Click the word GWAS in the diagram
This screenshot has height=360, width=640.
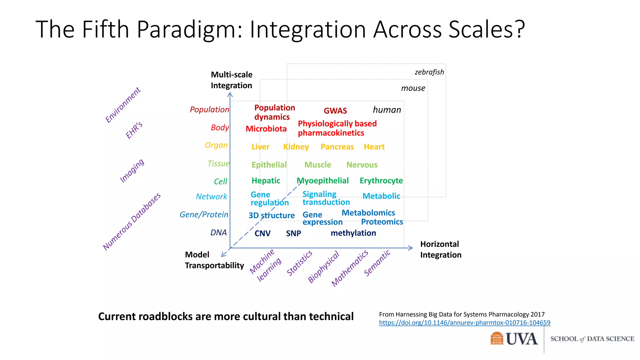click(335, 111)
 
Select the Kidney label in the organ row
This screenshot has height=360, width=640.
click(296, 147)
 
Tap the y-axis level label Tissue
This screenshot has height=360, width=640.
click(218, 163)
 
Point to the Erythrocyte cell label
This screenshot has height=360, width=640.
click(381, 181)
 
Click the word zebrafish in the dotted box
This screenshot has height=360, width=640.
click(429, 72)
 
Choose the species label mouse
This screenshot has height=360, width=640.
click(413, 88)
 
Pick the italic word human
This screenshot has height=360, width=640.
click(387, 110)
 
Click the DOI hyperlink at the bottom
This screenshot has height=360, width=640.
click(464, 323)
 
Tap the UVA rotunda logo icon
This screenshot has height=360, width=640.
click(497, 338)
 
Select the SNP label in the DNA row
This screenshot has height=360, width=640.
click(293, 233)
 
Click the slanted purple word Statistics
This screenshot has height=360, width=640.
click(299, 263)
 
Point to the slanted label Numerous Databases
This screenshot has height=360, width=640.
click(132, 221)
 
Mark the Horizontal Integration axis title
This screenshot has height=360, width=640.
click(440, 249)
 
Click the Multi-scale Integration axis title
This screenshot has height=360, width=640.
click(232, 80)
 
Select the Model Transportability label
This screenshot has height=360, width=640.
click(214, 260)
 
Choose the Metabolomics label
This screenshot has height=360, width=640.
click(368, 213)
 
